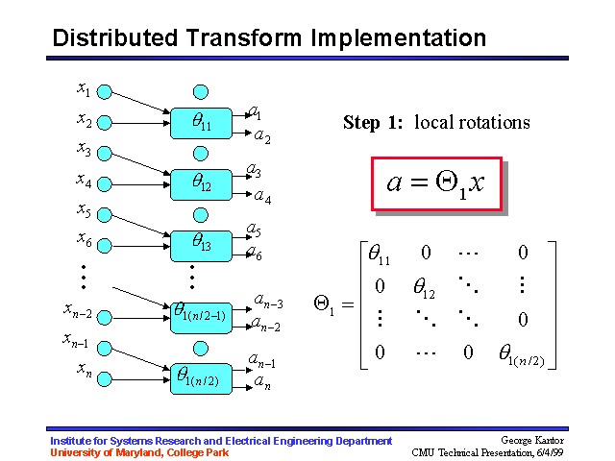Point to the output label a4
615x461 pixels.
pos(261,199)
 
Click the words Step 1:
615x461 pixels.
pos(374,122)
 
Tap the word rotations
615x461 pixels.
pos(499,122)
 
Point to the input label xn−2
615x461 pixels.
pos(78,309)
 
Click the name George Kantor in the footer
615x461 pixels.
pos(536,441)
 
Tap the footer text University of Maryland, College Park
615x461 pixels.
pos(139,452)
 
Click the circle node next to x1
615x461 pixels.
pos(106,93)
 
